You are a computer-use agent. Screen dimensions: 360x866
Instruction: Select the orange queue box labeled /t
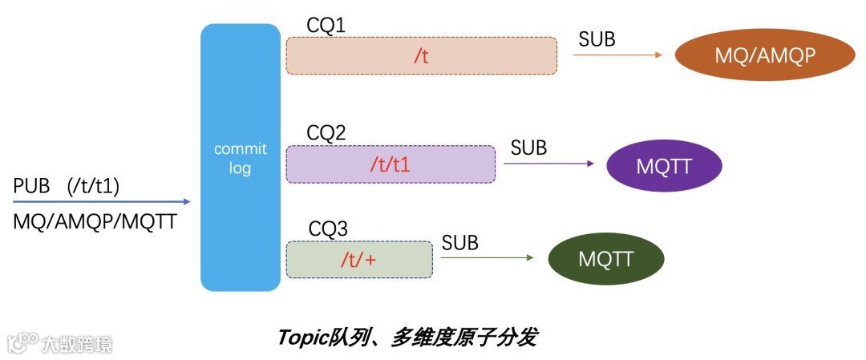[422, 56]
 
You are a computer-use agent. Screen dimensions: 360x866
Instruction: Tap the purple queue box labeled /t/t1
[391, 164]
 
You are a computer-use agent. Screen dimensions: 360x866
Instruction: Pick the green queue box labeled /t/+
[358, 259]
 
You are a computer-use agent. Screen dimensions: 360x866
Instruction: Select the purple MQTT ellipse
[664, 166]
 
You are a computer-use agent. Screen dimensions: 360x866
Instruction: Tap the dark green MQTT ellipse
[605, 259]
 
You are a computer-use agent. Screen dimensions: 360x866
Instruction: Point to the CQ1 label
[326, 26]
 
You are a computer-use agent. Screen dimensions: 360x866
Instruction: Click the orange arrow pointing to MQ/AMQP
[617, 55]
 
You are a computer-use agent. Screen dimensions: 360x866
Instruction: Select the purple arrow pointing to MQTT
[548, 164]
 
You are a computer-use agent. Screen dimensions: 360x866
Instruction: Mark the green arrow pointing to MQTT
[486, 258]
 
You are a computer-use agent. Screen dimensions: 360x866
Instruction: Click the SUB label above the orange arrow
[597, 38]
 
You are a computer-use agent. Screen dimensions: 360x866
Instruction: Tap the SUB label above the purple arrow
[528, 148]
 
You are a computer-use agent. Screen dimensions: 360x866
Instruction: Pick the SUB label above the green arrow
[459, 242]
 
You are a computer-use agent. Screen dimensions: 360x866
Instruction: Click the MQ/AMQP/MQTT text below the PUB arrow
[95, 222]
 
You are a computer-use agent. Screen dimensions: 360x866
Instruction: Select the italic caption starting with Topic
[407, 337]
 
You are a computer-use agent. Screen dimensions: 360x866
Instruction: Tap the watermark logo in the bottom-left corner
[60, 344]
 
